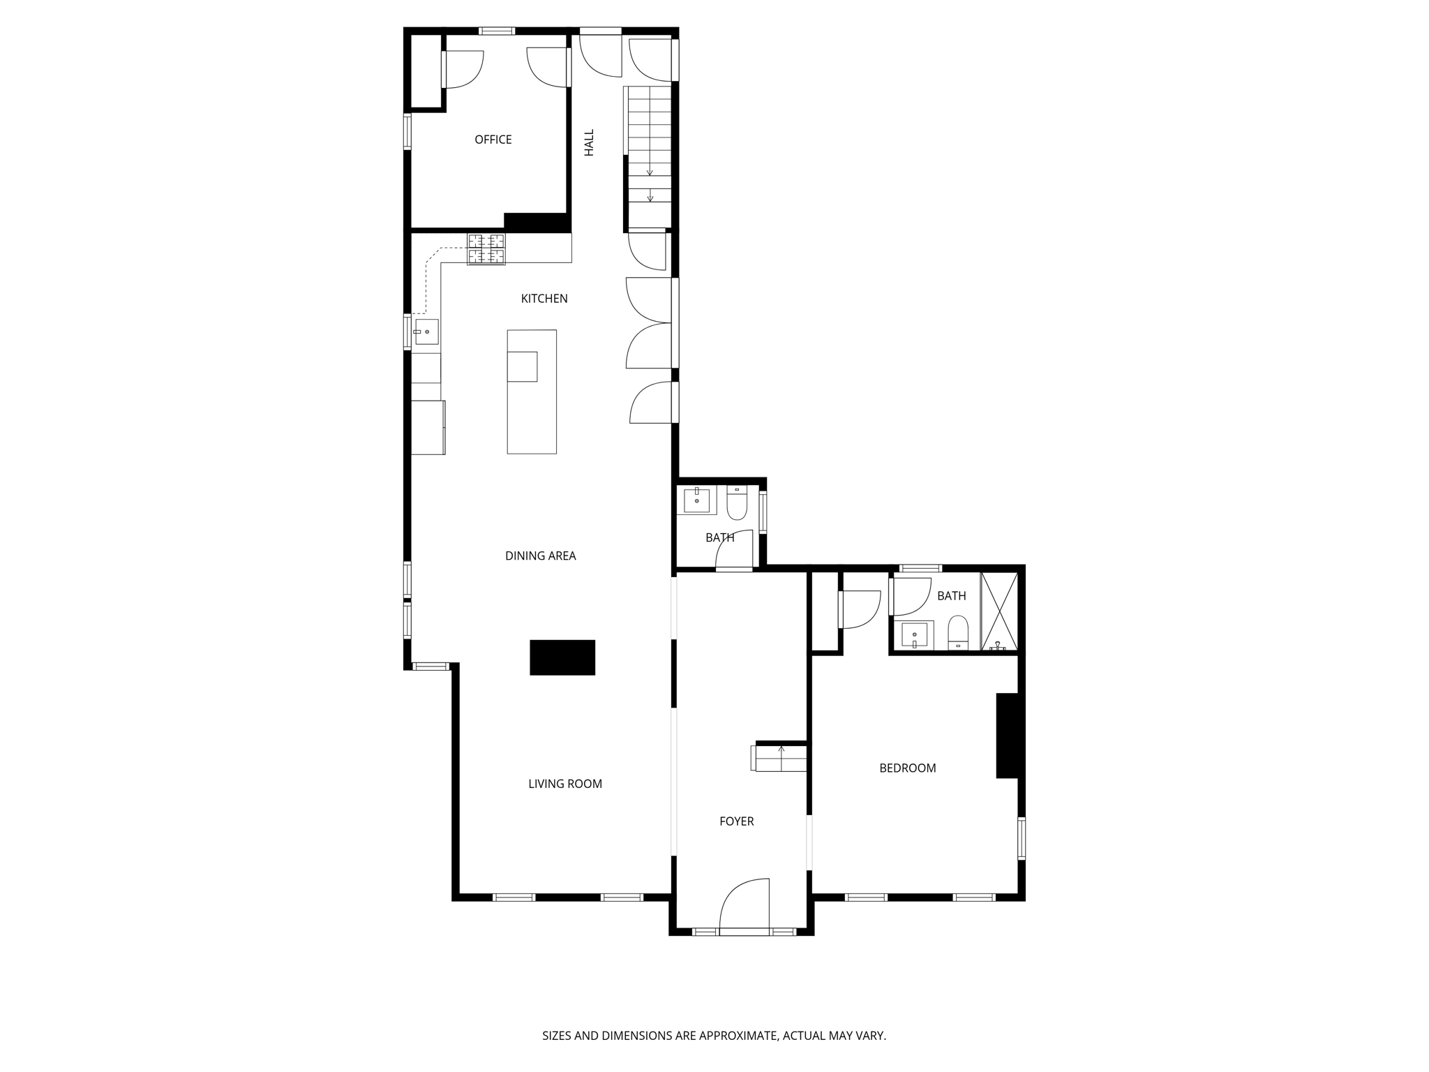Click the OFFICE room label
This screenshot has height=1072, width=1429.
tap(493, 140)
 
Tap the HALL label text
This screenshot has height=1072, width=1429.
tap(589, 142)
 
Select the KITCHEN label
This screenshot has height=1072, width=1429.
tap(544, 299)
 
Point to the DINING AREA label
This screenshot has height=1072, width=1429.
tap(540, 556)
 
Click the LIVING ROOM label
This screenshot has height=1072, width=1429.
tap(564, 784)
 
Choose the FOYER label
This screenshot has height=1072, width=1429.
tap(736, 821)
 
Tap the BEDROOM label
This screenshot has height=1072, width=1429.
tap(907, 768)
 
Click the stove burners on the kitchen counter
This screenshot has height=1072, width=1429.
tap(486, 249)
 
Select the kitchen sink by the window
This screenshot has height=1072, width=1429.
tap(425, 332)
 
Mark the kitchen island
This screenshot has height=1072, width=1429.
tap(532, 392)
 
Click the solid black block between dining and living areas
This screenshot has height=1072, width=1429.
tap(562, 657)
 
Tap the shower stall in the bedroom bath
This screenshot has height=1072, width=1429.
tap(999, 612)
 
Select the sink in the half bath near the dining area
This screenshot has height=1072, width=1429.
tap(696, 500)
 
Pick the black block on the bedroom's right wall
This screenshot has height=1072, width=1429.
tap(1006, 735)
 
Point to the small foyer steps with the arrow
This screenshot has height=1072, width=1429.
tap(780, 758)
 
